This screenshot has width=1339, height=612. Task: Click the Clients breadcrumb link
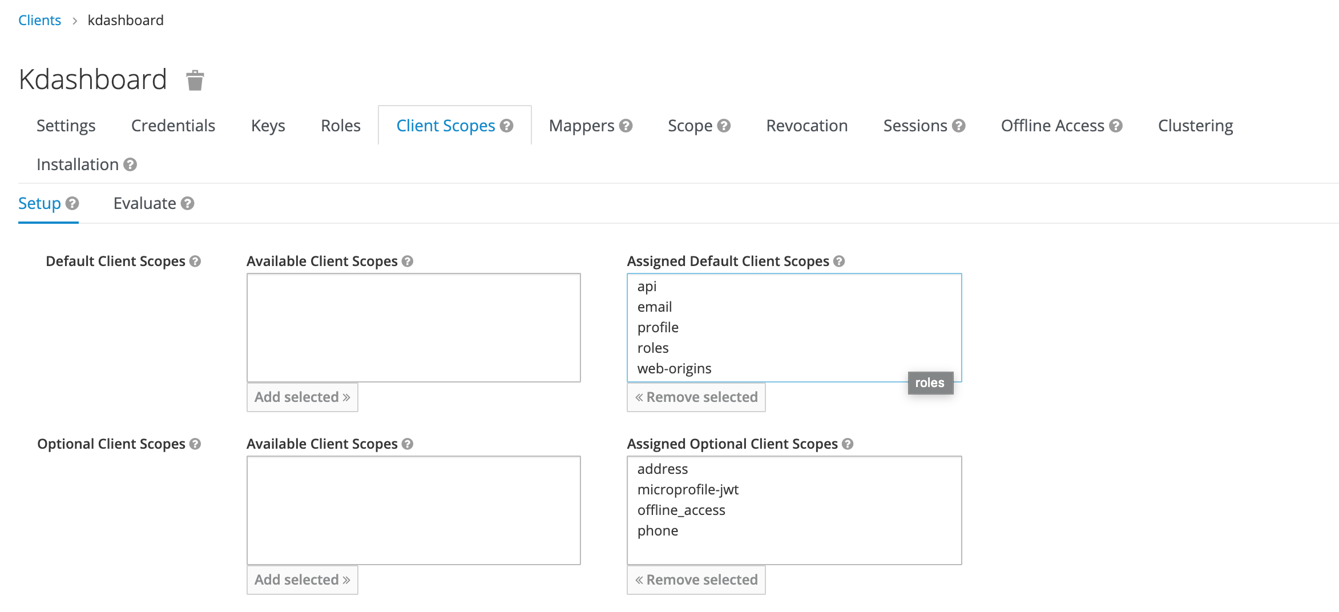click(39, 21)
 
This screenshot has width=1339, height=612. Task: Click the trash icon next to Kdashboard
click(195, 80)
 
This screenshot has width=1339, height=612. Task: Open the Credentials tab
click(173, 126)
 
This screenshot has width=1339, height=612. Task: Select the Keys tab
click(268, 126)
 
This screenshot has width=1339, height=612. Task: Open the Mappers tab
click(582, 126)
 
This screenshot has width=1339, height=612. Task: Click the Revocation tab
click(806, 126)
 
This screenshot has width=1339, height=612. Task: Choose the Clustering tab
click(1195, 126)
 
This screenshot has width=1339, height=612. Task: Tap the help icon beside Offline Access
click(1116, 126)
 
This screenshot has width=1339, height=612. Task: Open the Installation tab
click(78, 164)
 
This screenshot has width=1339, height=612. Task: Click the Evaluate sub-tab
click(145, 203)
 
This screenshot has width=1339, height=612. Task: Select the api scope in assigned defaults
click(647, 287)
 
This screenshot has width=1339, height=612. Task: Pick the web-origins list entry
click(674, 369)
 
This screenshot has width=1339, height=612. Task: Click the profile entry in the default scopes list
click(658, 328)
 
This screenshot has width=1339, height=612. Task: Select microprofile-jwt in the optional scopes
click(688, 490)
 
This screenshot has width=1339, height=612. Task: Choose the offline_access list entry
click(681, 510)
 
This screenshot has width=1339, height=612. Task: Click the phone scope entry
click(658, 531)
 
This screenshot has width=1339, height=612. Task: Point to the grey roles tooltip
click(930, 383)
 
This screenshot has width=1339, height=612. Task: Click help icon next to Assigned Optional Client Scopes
click(848, 444)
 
